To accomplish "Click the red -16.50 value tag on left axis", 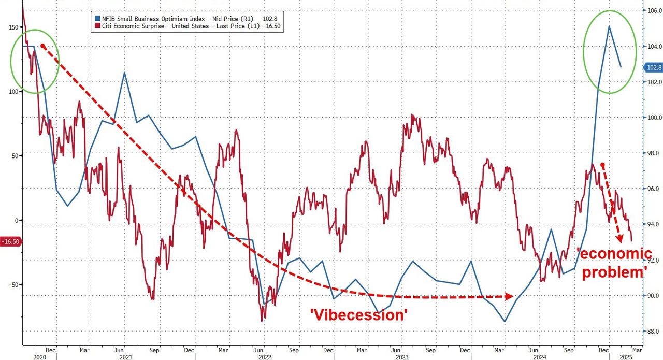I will pos(10,241).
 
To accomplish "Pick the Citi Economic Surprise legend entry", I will pos(186,26).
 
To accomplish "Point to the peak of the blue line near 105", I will pos(609,26).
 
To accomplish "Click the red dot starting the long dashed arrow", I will pos(43,46).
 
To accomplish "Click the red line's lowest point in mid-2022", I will pos(263,321).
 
